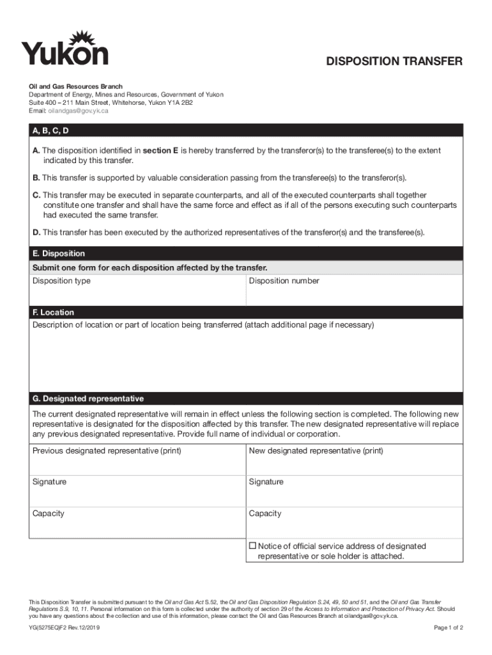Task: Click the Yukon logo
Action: pos(65,49)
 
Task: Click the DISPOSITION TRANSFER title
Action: pos(394,61)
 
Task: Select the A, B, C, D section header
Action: pos(50,130)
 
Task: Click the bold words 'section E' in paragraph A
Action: pos(160,150)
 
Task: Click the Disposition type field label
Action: pos(61,281)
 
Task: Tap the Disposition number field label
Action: pos(284,281)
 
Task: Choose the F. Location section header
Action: pos(53,312)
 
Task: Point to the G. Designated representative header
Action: pos(88,399)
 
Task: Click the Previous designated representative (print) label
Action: pos(107,451)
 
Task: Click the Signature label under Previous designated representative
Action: pos(49,482)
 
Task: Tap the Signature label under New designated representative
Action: pos(266,482)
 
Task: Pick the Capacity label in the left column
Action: pos(49,514)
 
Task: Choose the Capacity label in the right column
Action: pos(265,514)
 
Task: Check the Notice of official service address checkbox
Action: pos(252,546)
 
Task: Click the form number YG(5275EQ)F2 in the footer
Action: pos(64,628)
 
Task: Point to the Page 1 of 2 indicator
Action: pos(448,628)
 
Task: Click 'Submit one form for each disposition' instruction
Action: pos(150,267)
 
